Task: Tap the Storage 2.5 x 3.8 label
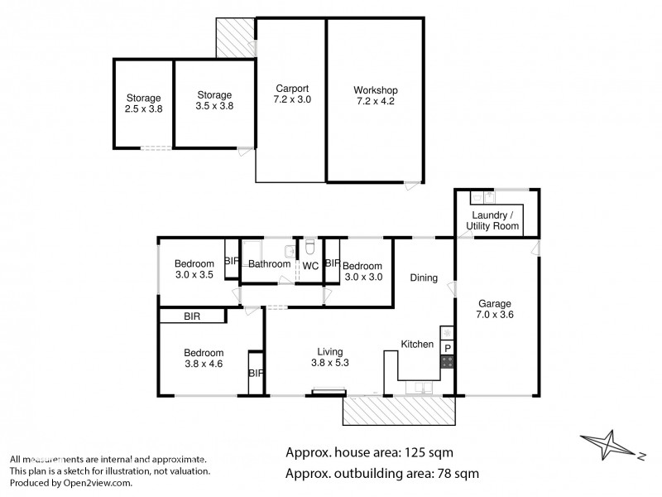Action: point(143,103)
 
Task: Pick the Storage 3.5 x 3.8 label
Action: point(213,101)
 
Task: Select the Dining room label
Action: point(424,278)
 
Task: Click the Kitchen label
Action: point(417,344)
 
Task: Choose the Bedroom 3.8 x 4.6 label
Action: point(204,357)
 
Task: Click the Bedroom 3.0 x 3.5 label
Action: point(194,270)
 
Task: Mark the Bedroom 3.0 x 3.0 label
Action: point(363,271)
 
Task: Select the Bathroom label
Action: point(269,264)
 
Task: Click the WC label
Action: point(310,266)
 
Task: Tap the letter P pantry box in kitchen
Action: point(447,348)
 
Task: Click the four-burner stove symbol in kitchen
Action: point(447,362)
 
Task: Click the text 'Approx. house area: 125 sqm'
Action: point(369,452)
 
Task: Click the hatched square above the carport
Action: point(235,39)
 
